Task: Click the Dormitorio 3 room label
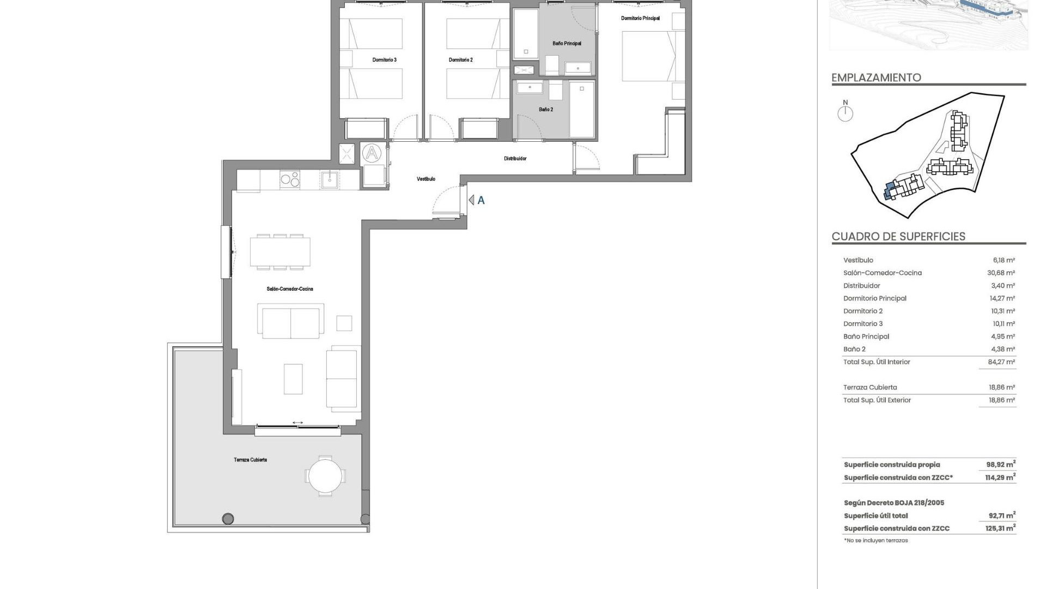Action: pos(384,60)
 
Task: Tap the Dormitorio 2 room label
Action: pos(460,60)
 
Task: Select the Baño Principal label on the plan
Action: pos(567,44)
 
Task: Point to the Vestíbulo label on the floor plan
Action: pos(426,179)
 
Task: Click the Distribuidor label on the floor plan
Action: pos(515,159)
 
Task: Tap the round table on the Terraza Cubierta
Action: pos(325,476)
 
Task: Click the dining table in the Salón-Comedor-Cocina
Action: pos(280,252)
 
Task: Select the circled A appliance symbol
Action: pos(372,153)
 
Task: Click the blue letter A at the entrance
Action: pos(481,201)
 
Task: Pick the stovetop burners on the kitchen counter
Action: pos(290,179)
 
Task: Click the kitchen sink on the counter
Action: pos(330,179)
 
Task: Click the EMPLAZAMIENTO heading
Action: pos(876,77)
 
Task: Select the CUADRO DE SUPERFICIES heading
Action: pos(898,237)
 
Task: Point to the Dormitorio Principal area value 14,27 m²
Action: pos(1002,298)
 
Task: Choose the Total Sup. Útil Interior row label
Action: pos(877,362)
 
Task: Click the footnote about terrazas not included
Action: pos(876,540)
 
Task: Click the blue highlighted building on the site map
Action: pos(889,191)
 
